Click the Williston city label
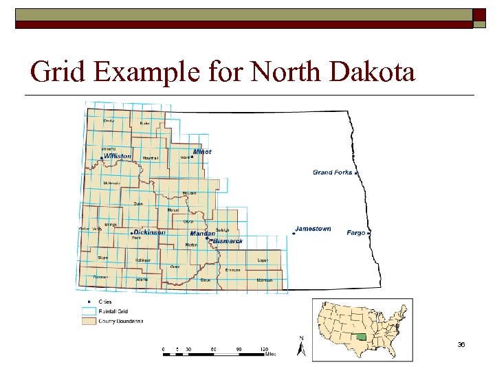pyautogui.click(x=118, y=156)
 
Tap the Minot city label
pyautogui.click(x=202, y=151)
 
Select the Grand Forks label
pyautogui.click(x=332, y=172)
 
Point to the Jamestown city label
pyautogui.click(x=313, y=229)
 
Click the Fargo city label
pyautogui.click(x=356, y=233)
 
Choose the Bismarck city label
pyautogui.click(x=228, y=241)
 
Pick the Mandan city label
pyautogui.click(x=202, y=234)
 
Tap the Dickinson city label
pyautogui.click(x=149, y=232)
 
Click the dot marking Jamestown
pyautogui.click(x=294, y=234)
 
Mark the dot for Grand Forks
pyautogui.click(x=356, y=173)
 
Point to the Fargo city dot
pyautogui.click(x=369, y=234)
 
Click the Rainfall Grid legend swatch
pyautogui.click(x=89, y=311)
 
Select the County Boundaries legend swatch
pyautogui.click(x=89, y=320)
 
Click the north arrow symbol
pyautogui.click(x=300, y=347)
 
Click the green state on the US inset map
pyautogui.click(x=360, y=337)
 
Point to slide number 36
pyautogui.click(x=461, y=344)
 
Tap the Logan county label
pyautogui.click(x=262, y=260)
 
